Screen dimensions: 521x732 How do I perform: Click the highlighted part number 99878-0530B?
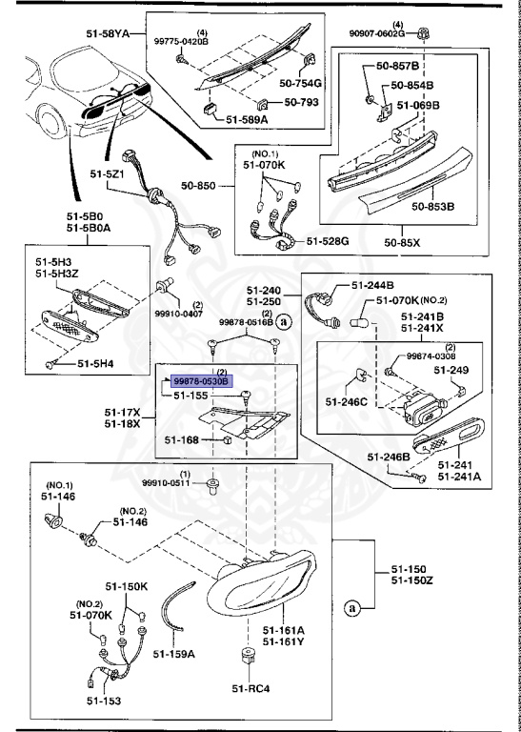click(x=201, y=381)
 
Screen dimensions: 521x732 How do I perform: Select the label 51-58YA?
click(x=107, y=33)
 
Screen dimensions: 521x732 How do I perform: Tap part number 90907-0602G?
click(x=377, y=33)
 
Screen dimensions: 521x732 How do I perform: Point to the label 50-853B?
click(x=432, y=206)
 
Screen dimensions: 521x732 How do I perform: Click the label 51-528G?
click(x=328, y=241)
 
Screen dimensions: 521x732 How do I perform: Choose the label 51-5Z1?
click(x=106, y=174)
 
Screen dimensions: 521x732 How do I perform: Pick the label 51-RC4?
click(x=250, y=688)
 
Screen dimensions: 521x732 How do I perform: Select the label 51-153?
click(x=103, y=701)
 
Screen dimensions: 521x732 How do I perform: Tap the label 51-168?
click(x=182, y=439)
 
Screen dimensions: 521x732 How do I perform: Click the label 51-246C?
click(x=347, y=401)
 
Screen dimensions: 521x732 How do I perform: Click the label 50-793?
click(x=301, y=101)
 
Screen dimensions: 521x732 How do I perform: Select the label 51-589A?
click(x=247, y=119)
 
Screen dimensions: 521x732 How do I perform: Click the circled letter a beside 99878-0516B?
click(x=283, y=321)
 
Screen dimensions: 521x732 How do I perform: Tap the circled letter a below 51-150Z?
click(x=352, y=608)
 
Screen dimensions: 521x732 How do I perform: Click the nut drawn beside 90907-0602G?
click(x=424, y=33)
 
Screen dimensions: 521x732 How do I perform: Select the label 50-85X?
click(x=402, y=243)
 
